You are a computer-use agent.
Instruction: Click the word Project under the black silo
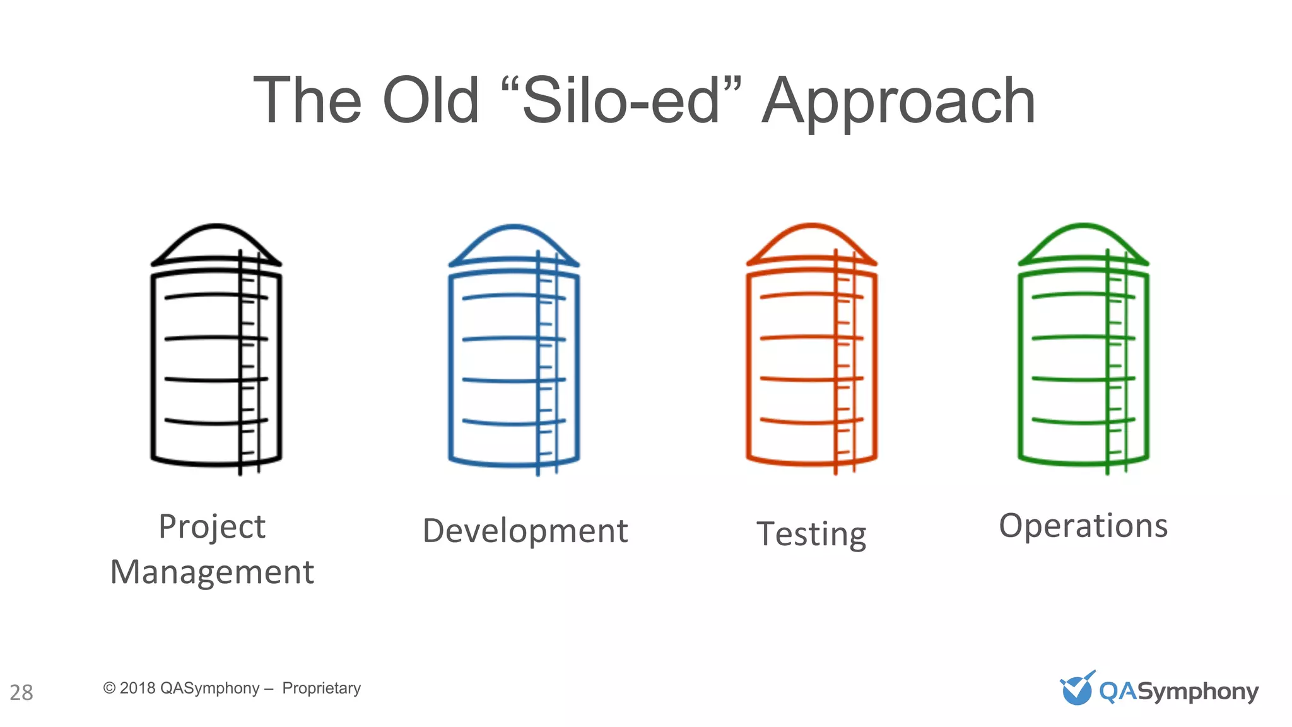click(x=212, y=528)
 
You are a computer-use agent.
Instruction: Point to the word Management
click(x=212, y=572)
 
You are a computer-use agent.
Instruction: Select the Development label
click(x=525, y=531)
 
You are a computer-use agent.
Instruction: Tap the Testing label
click(x=811, y=535)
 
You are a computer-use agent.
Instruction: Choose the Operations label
click(x=1083, y=526)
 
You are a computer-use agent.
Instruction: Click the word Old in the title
click(x=431, y=101)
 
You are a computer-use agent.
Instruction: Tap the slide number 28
click(x=21, y=692)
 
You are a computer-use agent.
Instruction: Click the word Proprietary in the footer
click(x=321, y=688)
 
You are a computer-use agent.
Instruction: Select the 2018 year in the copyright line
click(x=137, y=688)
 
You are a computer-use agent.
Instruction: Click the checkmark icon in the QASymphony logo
click(x=1077, y=688)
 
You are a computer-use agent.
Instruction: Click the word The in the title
click(x=307, y=101)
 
